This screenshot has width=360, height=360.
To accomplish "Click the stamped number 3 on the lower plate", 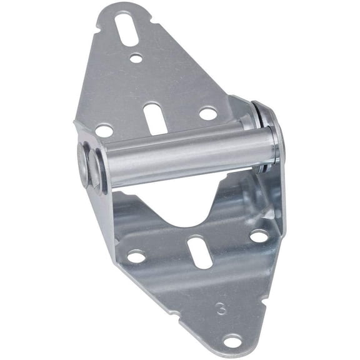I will (x=220, y=308).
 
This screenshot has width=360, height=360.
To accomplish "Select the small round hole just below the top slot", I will (x=136, y=58).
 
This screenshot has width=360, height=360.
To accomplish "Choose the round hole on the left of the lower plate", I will (x=136, y=256).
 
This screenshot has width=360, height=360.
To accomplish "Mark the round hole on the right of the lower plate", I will (x=259, y=236).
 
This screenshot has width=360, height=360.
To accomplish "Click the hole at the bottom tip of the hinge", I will (x=232, y=341).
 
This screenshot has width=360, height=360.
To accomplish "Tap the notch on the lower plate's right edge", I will (x=279, y=272).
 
